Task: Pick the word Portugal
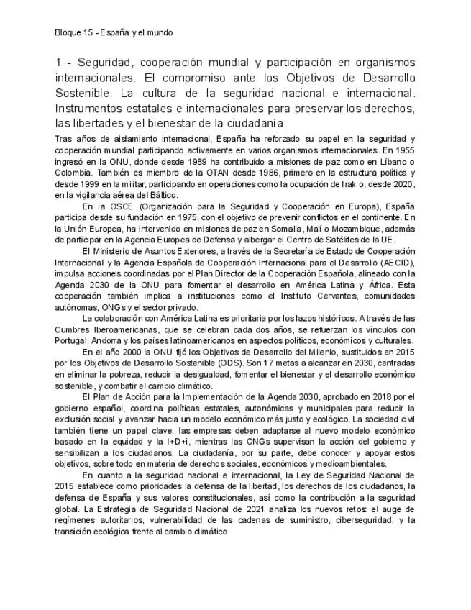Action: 72,340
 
